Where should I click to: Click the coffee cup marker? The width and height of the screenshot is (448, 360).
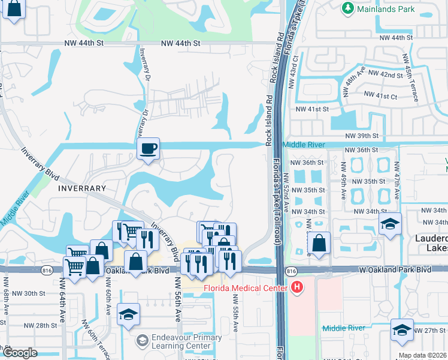(148, 148)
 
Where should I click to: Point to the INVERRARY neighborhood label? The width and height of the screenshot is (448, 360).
(82, 188)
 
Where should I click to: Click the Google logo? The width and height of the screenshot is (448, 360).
(20, 353)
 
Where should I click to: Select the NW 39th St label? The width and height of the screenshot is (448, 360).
(362, 136)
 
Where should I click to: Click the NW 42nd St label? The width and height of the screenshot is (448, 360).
(386, 74)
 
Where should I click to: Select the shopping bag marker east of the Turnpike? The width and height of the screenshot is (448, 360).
(319, 243)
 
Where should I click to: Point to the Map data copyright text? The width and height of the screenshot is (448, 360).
(422, 355)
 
